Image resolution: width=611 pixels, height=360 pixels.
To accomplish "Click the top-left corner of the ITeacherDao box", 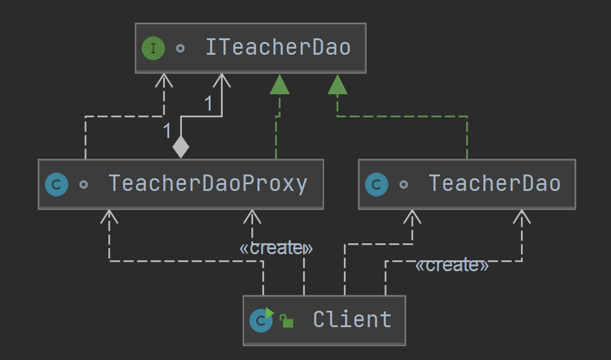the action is (135, 23).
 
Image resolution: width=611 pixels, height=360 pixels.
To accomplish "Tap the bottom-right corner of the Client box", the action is (406, 345).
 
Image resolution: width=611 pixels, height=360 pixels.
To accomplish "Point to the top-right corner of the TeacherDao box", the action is (576, 159).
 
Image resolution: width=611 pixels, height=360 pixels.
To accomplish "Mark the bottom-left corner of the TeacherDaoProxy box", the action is (38, 209).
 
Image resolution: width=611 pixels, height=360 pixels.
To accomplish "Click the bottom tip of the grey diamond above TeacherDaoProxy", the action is (181, 158).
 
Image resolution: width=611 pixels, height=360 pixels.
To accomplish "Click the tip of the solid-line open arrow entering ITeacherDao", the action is (222, 74).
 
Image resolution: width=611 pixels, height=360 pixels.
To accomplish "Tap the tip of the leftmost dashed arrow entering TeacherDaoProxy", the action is (109, 210).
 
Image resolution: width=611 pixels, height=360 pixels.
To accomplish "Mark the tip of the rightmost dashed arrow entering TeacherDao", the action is (522, 210).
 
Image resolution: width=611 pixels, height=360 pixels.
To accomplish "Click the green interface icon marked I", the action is (153, 48).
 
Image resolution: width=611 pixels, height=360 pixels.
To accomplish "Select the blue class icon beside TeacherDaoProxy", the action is (57, 184).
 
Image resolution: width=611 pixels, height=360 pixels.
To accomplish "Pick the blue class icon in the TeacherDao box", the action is (377, 184).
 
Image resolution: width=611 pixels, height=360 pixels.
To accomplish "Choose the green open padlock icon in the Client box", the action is (287, 321).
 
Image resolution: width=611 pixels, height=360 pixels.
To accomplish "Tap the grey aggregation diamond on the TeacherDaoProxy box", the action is (181, 147).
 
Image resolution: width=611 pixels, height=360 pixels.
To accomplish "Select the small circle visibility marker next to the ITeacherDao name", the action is (180, 48).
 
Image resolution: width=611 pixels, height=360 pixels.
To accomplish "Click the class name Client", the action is (352, 320).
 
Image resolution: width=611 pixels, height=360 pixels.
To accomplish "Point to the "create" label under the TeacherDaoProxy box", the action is (276, 248).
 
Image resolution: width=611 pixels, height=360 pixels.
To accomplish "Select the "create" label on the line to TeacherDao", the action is (452, 265).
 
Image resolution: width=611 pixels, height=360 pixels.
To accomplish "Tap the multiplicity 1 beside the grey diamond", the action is (167, 131).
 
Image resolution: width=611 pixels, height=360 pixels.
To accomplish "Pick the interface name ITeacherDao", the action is (278, 47).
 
